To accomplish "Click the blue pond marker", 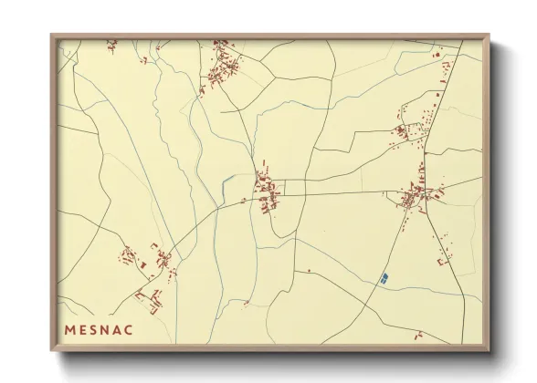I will pyautogui.click(x=384, y=276).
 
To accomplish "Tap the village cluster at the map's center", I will pyautogui.click(x=268, y=192).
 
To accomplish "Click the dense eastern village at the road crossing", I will pyautogui.click(x=416, y=196).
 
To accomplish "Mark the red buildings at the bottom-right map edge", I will pyautogui.click(x=419, y=334).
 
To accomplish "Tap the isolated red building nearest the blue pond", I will pyautogui.click(x=309, y=270).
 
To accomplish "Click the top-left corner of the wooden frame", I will pyautogui.click(x=52, y=36).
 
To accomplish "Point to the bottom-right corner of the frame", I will pyautogui.click(x=491, y=352).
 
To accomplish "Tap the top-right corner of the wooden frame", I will pyautogui.click(x=491, y=36).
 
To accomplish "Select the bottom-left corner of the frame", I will pyautogui.click(x=52, y=352).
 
